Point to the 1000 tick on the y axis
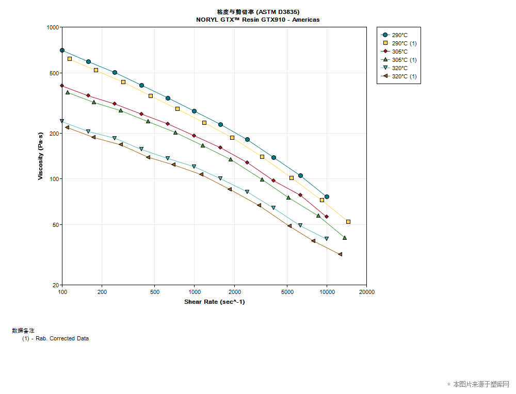[53, 27]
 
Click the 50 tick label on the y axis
[55, 225]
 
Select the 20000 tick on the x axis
[366, 292]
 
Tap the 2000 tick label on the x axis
[234, 292]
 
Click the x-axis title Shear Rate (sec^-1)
[214, 302]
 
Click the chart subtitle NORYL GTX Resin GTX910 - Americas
[257, 20]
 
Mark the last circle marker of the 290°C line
[327, 196]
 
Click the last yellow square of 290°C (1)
[348, 222]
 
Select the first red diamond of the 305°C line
[62, 86]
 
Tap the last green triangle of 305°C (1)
[345, 238]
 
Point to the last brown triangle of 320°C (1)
[340, 254]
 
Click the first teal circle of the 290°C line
[62, 51]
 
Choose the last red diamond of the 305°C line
[327, 217]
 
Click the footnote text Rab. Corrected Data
[62, 339]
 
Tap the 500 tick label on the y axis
[54, 73]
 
